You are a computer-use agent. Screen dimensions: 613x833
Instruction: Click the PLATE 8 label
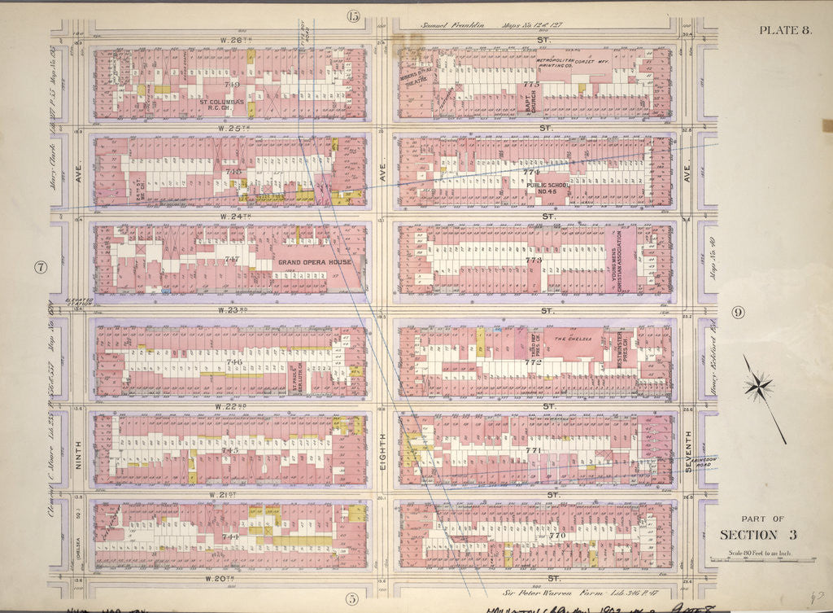[x=784, y=31]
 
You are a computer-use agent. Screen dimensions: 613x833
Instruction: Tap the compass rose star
[x=758, y=385]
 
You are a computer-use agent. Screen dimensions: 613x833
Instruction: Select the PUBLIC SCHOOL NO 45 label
[x=547, y=190]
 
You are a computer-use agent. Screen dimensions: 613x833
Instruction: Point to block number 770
[x=556, y=536]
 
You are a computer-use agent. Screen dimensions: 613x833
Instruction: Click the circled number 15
[x=352, y=15]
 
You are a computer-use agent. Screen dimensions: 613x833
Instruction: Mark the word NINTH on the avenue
[x=79, y=445]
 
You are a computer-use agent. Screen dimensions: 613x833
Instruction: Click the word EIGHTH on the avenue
[x=382, y=446]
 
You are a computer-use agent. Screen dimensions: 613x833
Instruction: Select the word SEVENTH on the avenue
[x=688, y=446]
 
